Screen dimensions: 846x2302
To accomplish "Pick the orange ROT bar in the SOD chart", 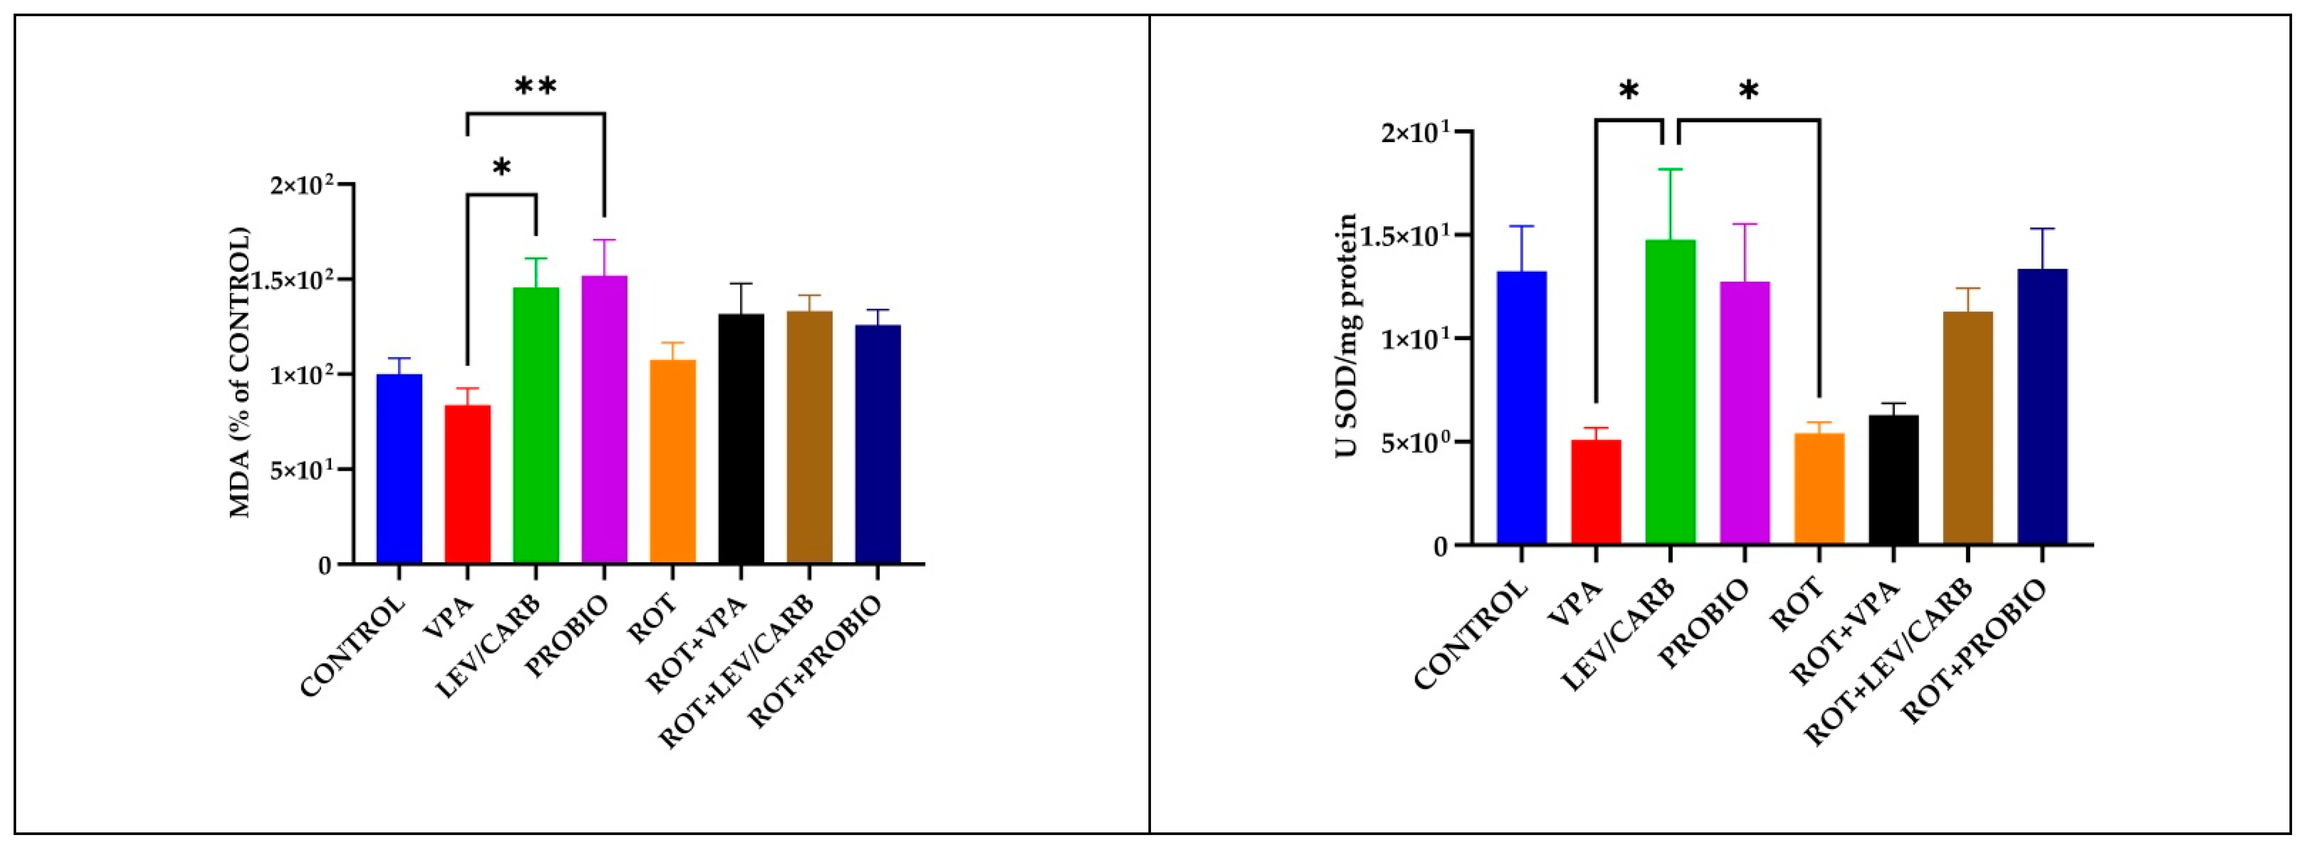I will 1819,488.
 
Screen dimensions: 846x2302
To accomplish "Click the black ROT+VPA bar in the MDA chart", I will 741,438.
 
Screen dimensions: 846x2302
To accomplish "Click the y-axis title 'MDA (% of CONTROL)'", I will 240,373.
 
